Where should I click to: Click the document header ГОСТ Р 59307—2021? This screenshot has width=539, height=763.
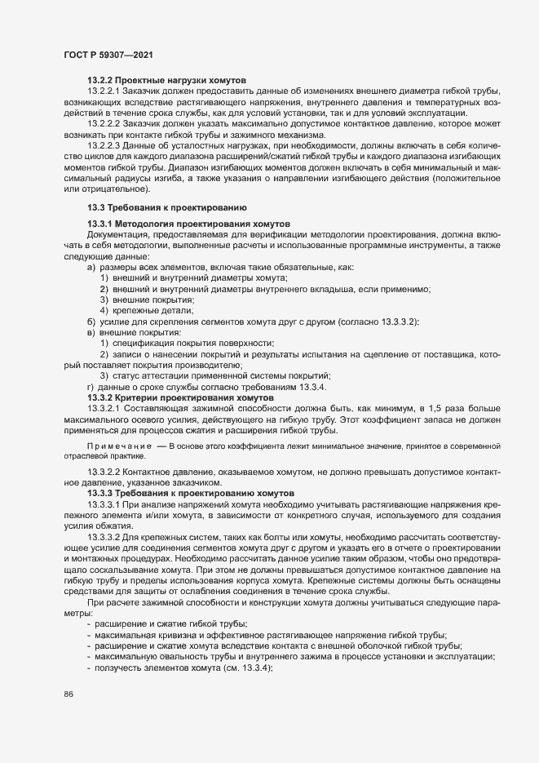[x=106, y=54]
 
